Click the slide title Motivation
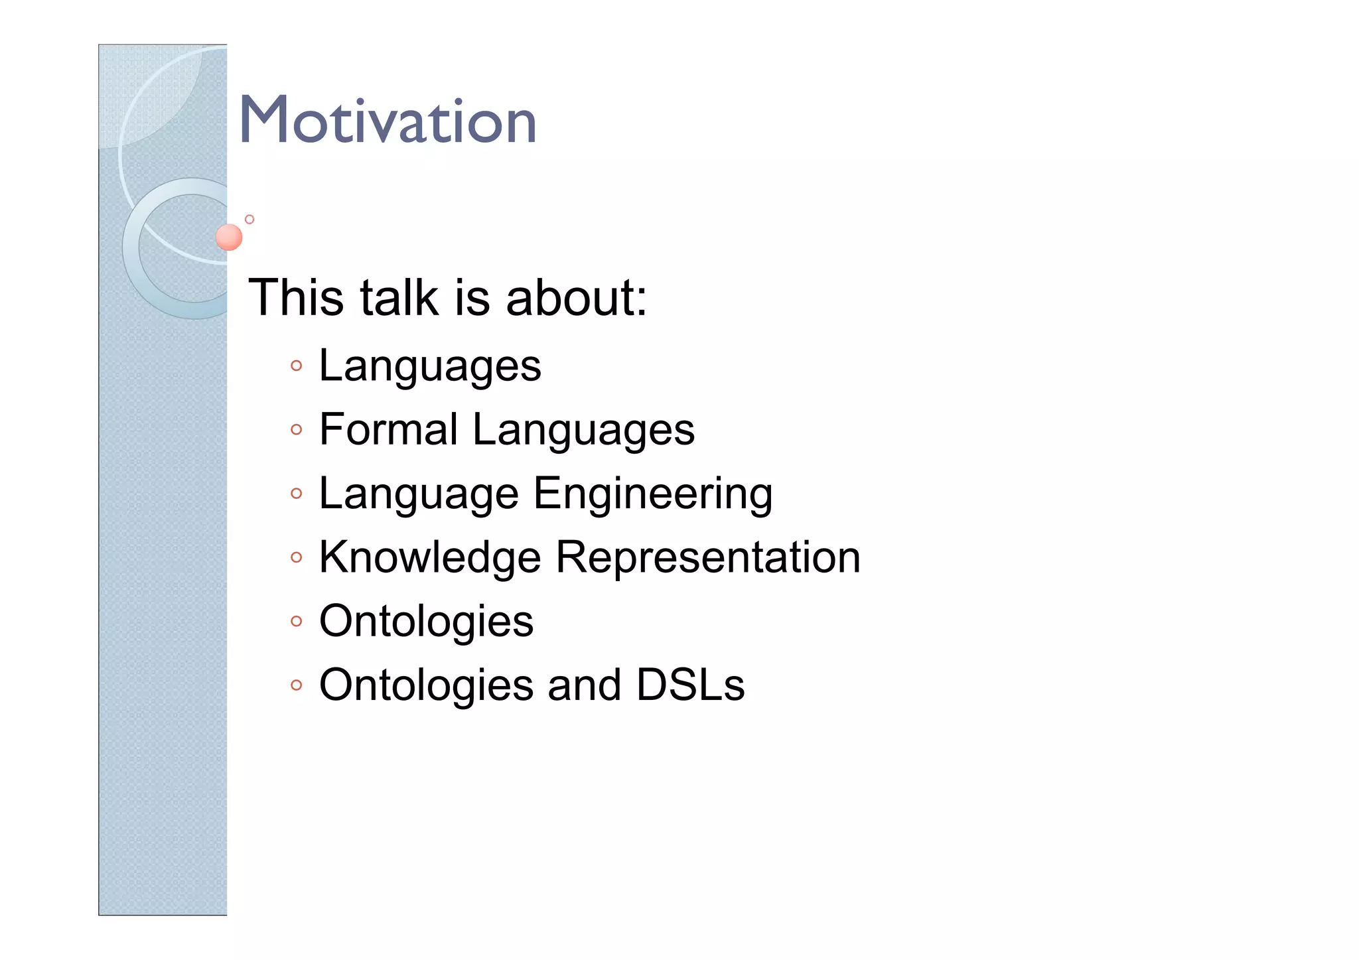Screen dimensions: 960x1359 [x=388, y=121]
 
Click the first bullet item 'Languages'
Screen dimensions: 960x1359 [x=430, y=366]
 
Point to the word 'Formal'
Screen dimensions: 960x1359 [x=388, y=429]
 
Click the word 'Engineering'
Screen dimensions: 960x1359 [x=653, y=494]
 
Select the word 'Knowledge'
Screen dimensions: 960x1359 [x=430, y=557]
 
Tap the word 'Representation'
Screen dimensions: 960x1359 [x=708, y=557]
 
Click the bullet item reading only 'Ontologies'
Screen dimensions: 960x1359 [x=426, y=622]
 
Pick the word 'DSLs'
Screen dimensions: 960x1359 [x=690, y=685]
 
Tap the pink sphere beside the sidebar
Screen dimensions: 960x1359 [x=229, y=237]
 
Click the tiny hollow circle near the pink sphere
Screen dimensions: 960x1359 [x=250, y=219]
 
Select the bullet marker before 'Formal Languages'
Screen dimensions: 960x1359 [x=296, y=430]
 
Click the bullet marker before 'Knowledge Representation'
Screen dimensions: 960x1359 [x=296, y=558]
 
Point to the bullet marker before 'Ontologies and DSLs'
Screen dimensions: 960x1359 [x=296, y=685]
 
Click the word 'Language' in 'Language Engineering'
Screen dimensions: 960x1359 [x=419, y=494]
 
